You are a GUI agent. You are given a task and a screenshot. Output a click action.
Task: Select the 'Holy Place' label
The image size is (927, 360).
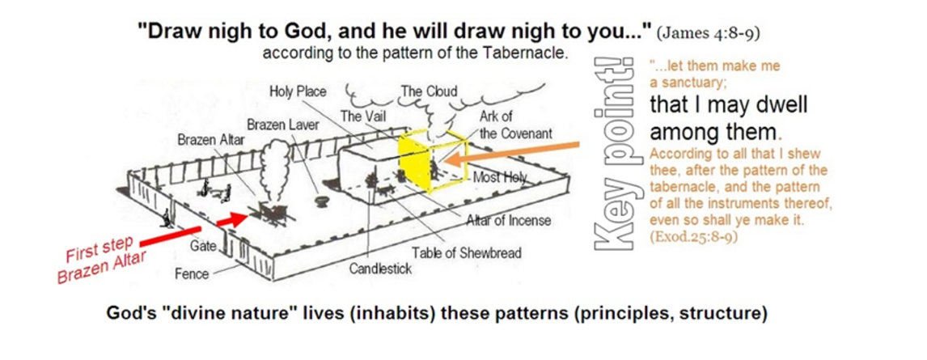click(x=298, y=91)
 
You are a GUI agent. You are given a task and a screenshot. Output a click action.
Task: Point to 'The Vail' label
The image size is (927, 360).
click(x=360, y=116)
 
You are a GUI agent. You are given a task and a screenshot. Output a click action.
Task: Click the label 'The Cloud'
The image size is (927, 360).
click(x=430, y=91)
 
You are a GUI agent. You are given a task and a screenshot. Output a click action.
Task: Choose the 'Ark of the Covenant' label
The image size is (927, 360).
click(x=515, y=125)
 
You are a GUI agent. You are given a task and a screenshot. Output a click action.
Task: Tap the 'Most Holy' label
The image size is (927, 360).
click(x=500, y=176)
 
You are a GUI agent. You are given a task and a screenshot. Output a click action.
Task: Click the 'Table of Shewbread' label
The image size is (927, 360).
click(x=467, y=253)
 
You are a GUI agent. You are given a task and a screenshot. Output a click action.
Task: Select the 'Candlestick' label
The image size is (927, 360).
click(x=380, y=269)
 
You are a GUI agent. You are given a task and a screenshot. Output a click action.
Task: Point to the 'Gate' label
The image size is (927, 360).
click(x=203, y=245)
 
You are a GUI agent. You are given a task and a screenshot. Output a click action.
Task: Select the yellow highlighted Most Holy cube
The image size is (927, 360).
click(x=430, y=161)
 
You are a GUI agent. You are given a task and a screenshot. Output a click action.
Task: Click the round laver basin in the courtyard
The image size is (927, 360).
click(x=322, y=201)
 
